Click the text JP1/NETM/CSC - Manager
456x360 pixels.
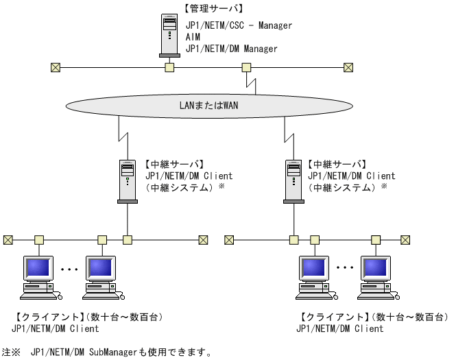(239, 25)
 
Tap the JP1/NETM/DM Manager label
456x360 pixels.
(231, 49)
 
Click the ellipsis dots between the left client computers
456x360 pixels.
(70, 270)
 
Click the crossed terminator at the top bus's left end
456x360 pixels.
(56, 67)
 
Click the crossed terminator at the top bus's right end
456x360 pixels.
(348, 67)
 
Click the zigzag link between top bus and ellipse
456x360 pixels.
(252, 84)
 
